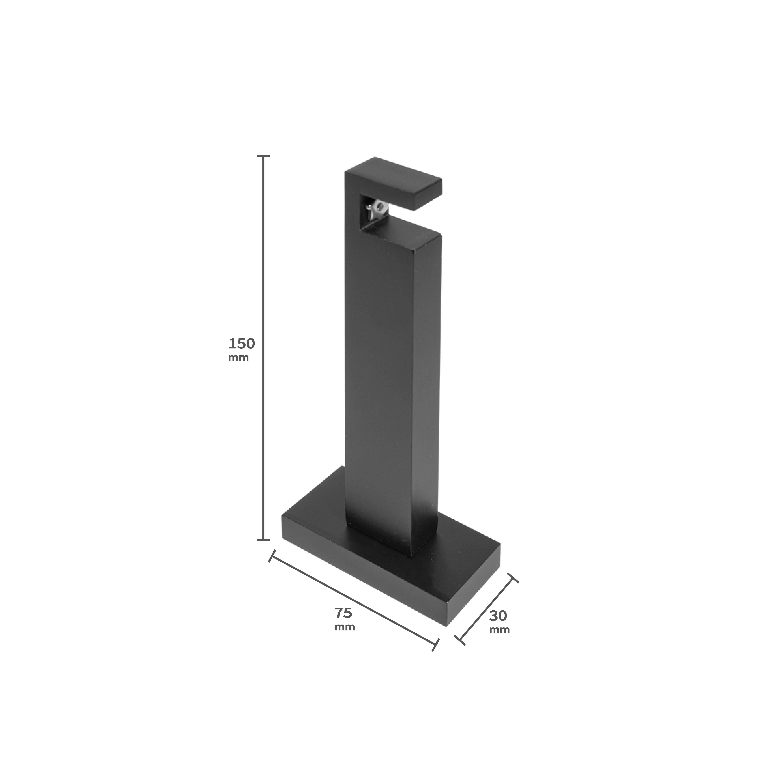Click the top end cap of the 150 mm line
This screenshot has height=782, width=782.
(264, 156)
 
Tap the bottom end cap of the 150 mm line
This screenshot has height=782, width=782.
(264, 540)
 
